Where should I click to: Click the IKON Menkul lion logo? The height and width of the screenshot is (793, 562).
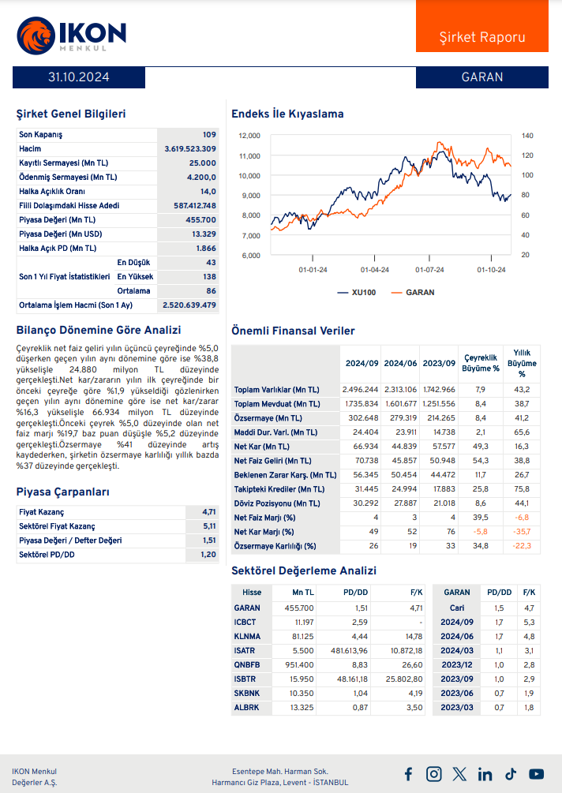34,34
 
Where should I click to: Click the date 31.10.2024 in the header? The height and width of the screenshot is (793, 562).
78,77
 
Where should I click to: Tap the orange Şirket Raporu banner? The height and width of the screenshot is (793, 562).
481,37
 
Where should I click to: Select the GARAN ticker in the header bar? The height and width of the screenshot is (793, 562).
481,77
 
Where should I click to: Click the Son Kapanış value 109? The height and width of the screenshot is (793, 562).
208,135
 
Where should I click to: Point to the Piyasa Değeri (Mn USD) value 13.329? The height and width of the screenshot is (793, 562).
203,234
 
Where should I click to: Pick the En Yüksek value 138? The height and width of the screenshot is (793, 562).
209,277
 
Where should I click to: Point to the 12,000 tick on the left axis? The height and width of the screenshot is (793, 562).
249,136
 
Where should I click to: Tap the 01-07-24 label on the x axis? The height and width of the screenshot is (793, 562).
429,270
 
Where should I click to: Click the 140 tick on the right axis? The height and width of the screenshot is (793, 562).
527,136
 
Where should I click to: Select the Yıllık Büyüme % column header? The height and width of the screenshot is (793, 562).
522,364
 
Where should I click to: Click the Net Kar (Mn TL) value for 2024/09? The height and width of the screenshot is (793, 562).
361,447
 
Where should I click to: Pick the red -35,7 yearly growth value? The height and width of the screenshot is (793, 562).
522,532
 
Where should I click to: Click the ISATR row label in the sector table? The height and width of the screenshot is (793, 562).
245,651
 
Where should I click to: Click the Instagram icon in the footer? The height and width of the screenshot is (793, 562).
433,774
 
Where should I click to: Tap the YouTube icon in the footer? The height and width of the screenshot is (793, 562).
537,774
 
